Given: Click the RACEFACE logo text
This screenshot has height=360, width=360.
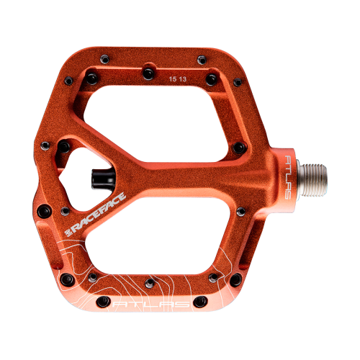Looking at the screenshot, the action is pyautogui.click(x=99, y=212).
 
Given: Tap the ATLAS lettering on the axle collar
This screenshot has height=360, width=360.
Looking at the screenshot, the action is pyautogui.click(x=288, y=177).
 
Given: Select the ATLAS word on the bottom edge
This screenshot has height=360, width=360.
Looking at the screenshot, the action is pyautogui.click(x=151, y=305).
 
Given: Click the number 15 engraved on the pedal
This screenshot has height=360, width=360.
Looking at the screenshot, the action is pyautogui.click(x=173, y=79).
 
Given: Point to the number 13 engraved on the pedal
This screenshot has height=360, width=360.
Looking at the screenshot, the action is pyautogui.click(x=183, y=79).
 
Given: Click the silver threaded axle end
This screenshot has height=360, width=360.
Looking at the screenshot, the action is pyautogui.click(x=312, y=180).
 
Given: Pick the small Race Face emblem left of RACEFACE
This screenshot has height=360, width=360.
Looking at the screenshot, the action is pyautogui.click(x=68, y=233).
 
